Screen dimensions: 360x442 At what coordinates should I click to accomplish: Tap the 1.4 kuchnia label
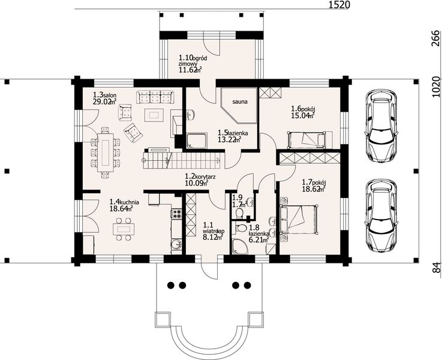pyautogui.click(x=124, y=206)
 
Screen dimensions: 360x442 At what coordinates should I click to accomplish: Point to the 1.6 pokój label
pyautogui.click(x=303, y=112)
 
